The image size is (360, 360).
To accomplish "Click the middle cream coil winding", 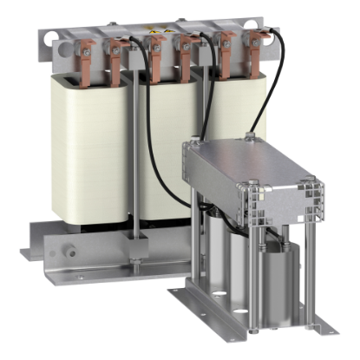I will click(165, 147).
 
